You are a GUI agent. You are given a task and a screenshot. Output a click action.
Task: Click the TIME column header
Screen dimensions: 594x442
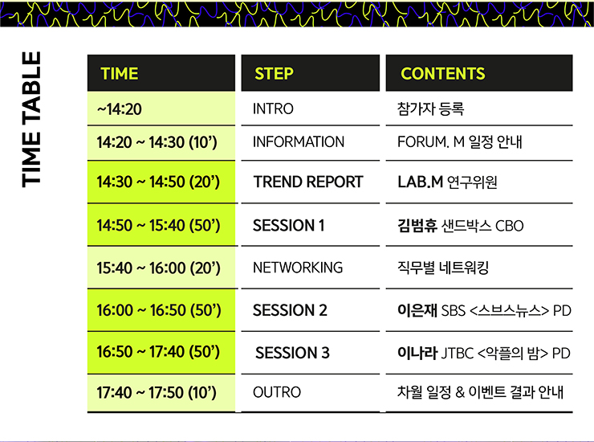120,74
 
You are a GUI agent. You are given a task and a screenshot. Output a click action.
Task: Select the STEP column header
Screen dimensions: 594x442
274,74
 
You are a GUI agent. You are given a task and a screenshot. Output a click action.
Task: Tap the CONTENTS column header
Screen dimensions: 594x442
443,74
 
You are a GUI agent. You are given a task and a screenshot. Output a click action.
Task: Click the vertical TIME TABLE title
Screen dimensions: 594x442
31,119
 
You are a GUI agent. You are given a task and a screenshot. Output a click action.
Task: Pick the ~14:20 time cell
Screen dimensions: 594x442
120,109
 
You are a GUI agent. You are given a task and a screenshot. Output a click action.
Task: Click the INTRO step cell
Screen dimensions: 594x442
273,108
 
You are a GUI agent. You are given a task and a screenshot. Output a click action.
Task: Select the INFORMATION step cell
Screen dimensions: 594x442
299,142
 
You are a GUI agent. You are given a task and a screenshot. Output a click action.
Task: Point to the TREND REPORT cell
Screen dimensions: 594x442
308,182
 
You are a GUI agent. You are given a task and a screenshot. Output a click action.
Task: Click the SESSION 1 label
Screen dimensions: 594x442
289,225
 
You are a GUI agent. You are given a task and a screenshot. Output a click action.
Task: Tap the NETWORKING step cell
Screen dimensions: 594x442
298,268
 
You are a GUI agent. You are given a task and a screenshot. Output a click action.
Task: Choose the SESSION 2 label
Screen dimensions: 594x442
290,310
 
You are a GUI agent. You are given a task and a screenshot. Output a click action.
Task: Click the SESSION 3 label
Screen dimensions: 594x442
292,353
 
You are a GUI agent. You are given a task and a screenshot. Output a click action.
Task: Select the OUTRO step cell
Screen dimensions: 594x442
277,392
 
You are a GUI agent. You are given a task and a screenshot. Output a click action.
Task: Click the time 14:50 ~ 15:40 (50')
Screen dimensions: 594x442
158,225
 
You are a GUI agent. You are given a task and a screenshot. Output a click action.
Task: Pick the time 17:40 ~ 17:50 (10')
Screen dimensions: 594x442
157,392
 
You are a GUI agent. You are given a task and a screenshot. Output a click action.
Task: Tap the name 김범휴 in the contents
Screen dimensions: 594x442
417,225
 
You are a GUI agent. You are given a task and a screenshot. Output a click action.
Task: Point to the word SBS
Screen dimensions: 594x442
453,311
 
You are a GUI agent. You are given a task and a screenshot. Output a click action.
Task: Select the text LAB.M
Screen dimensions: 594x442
420,182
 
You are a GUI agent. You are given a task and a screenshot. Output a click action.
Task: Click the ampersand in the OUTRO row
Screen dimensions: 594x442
460,392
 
